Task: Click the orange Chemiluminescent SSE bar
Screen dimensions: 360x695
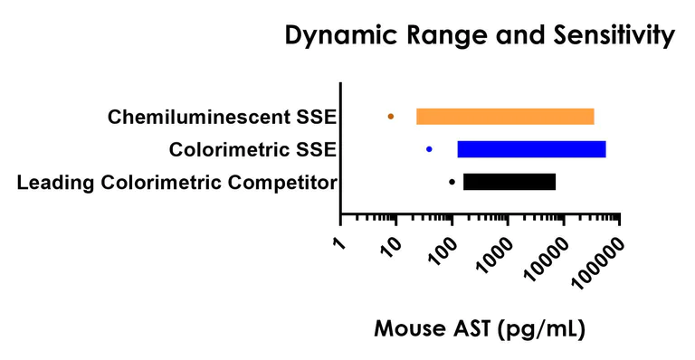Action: pyautogui.click(x=505, y=117)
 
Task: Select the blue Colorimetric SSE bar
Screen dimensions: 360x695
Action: pyautogui.click(x=531, y=149)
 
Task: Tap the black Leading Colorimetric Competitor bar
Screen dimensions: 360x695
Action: pyautogui.click(x=509, y=182)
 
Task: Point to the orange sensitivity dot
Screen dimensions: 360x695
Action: pyautogui.click(x=391, y=117)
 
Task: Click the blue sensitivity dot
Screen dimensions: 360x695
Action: pyautogui.click(x=429, y=149)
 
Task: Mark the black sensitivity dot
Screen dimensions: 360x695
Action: pyautogui.click(x=452, y=182)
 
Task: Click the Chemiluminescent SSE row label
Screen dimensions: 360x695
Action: pyautogui.click(x=221, y=118)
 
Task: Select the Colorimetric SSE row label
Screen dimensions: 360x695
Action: pyautogui.click(x=252, y=149)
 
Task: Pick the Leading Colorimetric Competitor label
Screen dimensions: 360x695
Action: pyautogui.click(x=177, y=183)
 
